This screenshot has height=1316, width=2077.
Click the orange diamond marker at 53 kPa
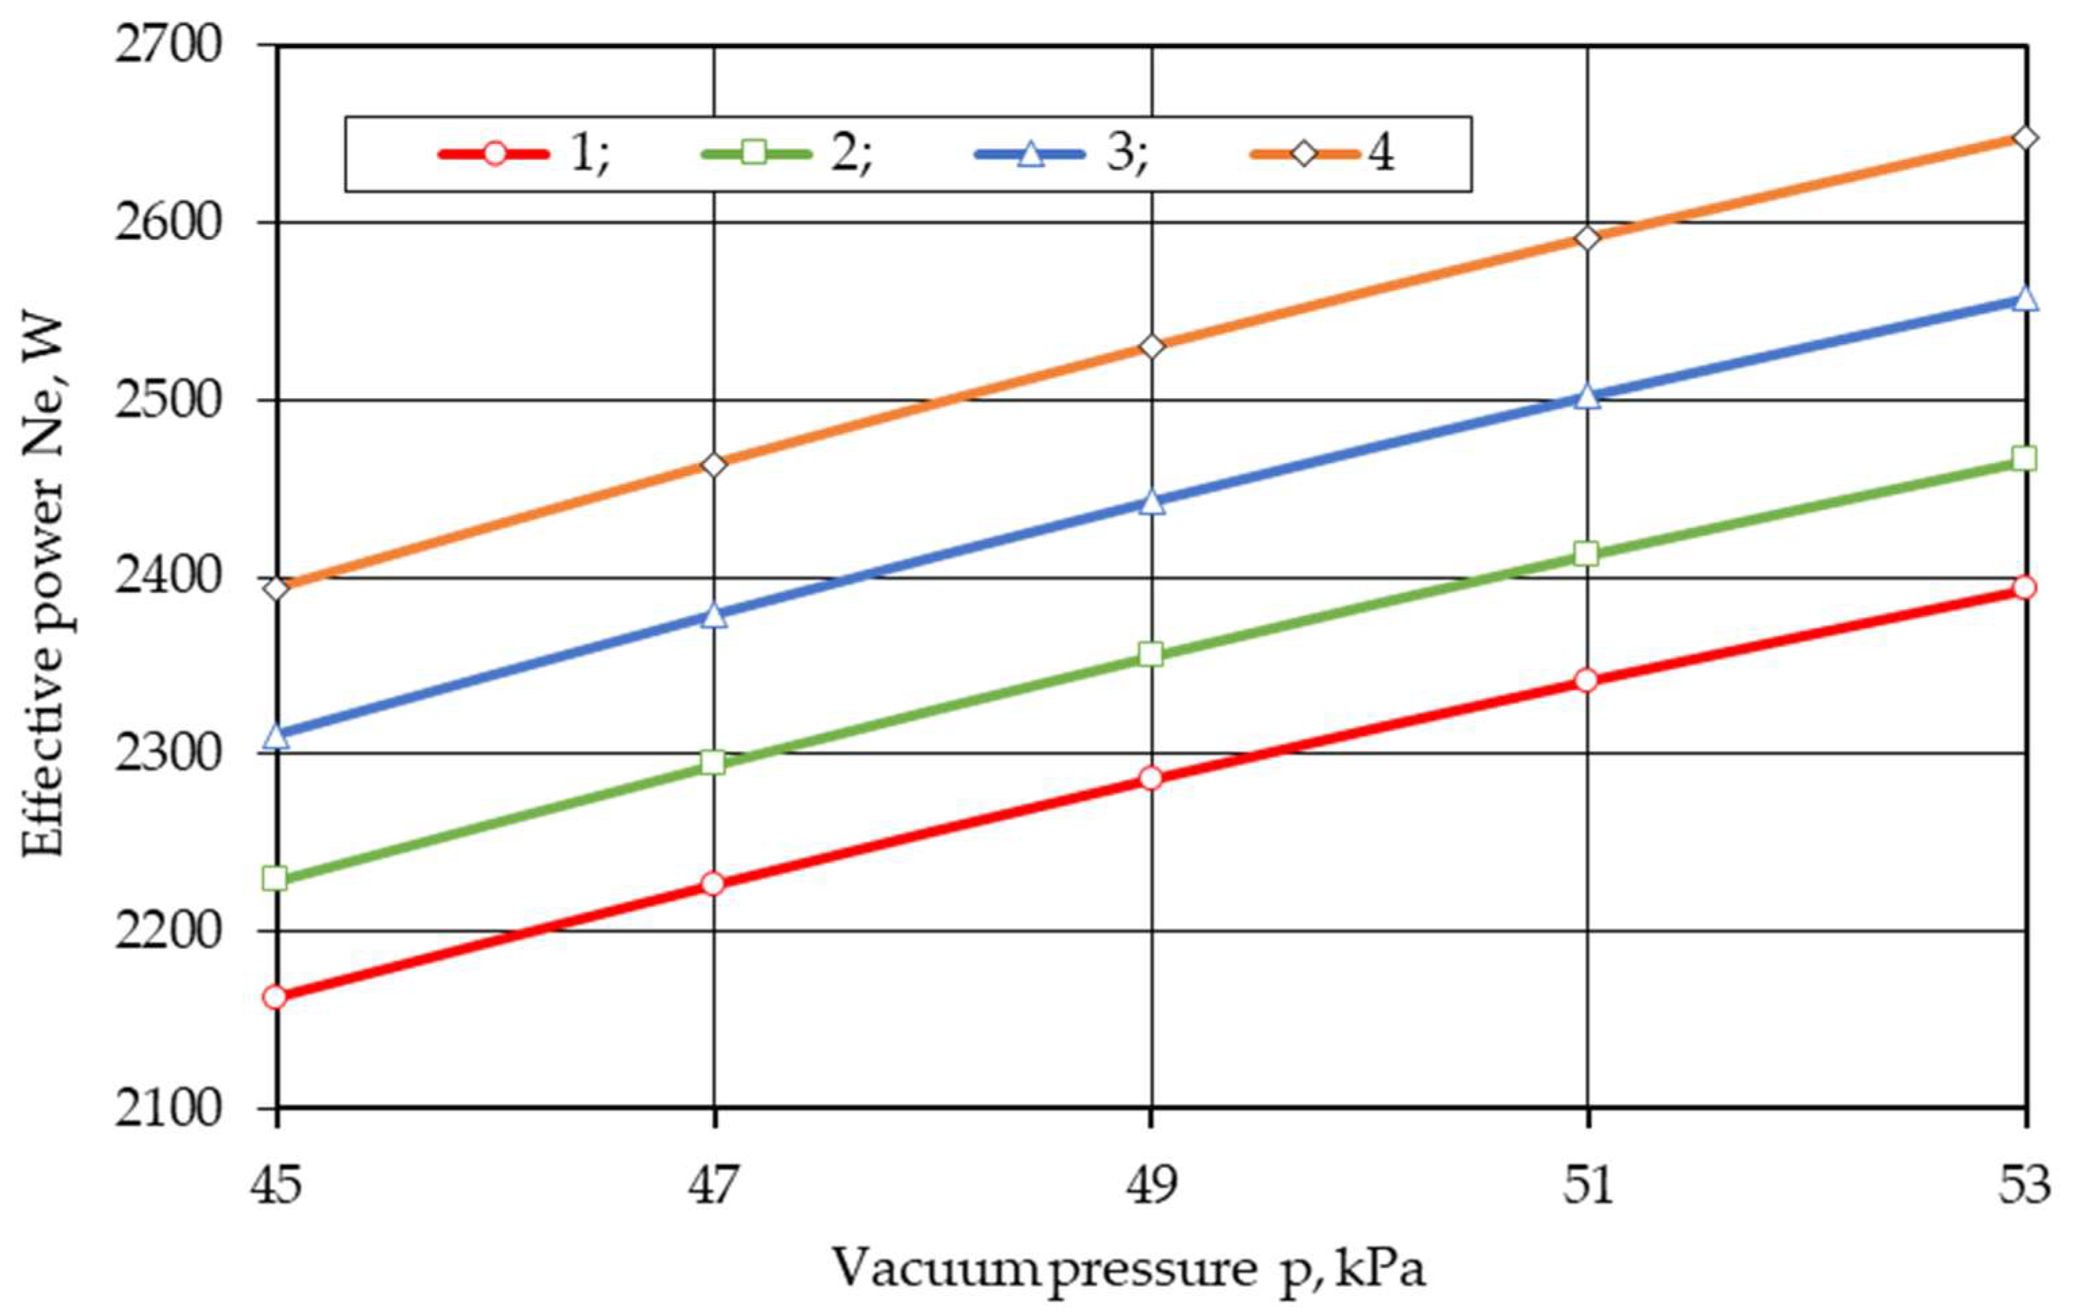pyautogui.click(x=2025, y=138)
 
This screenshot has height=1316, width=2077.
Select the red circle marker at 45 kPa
pyautogui.click(x=276, y=997)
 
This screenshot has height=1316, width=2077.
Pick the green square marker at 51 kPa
pyautogui.click(x=1587, y=554)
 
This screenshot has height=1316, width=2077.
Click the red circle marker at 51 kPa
pyautogui.click(x=1587, y=681)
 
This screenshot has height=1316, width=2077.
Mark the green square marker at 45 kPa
pyautogui.click(x=276, y=879)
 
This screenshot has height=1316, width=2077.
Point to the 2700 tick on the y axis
pyautogui.click(x=169, y=45)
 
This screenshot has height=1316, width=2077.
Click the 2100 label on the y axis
pyautogui.click(x=169, y=1108)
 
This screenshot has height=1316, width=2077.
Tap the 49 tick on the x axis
pyautogui.click(x=1151, y=1186)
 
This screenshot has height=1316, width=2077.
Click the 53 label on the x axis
pyautogui.click(x=2024, y=1186)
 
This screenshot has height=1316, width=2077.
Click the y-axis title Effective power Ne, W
pyautogui.click(x=43, y=587)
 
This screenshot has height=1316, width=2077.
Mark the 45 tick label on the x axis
pyautogui.click(x=276, y=1186)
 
